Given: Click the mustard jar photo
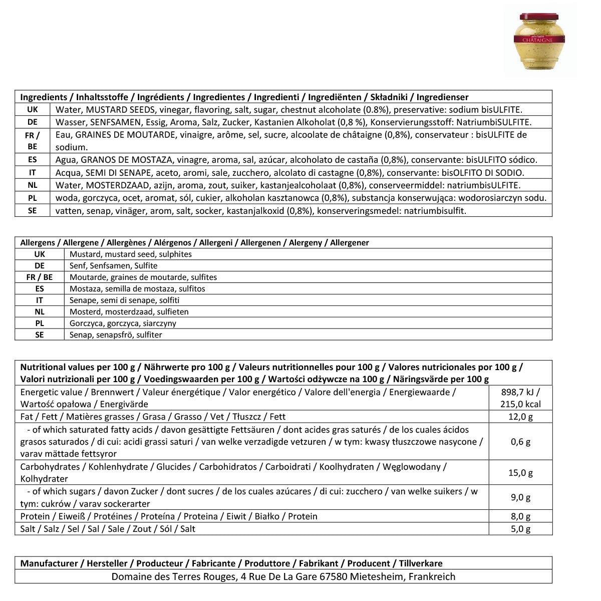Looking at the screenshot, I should [540, 42].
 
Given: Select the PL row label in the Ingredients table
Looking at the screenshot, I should [33, 198].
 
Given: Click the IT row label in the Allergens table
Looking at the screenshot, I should [40, 300].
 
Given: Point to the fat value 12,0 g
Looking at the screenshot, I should [520, 417].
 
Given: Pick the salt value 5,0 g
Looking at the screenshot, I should [520, 529].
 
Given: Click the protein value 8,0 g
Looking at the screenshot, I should [520, 516].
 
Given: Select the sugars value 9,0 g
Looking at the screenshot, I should [520, 497].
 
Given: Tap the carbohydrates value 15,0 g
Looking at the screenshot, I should [520, 473].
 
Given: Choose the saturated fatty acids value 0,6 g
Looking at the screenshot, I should [520, 442].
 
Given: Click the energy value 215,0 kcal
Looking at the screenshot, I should [520, 404].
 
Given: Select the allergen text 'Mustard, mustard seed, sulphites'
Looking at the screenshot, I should [131, 254].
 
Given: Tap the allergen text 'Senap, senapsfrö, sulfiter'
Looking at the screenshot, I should [116, 335].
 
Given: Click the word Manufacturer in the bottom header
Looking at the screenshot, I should [49, 563].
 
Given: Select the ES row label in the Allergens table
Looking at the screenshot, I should [40, 288].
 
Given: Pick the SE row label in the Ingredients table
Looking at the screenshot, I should [33, 210].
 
